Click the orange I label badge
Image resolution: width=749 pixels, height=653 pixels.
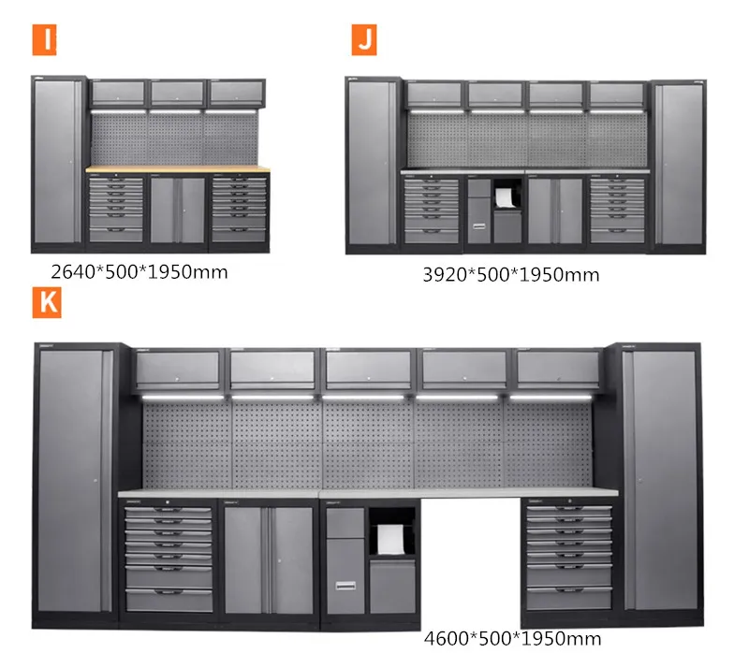pyautogui.click(x=44, y=41)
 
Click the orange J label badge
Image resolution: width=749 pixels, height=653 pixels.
pyautogui.click(x=364, y=41)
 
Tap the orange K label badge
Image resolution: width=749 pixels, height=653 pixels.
pyautogui.click(x=46, y=302)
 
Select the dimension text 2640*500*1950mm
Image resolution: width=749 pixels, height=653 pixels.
pyautogui.click(x=140, y=272)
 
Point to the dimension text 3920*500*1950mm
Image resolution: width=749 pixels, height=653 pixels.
pyautogui.click(x=512, y=274)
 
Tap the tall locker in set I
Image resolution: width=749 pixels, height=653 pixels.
pyautogui.click(x=58, y=164)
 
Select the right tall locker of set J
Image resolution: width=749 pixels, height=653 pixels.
pyautogui.click(x=679, y=165)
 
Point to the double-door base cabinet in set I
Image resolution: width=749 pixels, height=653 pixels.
pyautogui.click(x=177, y=210)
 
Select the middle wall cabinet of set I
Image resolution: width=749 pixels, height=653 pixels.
pyautogui.click(x=177, y=93)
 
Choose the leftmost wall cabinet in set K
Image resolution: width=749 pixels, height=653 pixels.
pyautogui.click(x=178, y=370)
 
